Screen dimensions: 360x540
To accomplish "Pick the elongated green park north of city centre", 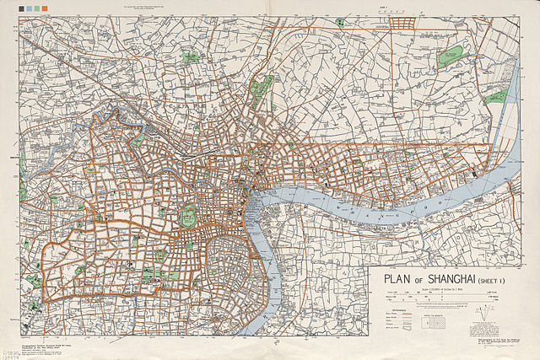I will [264, 88].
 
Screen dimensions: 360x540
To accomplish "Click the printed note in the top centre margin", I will [269, 8].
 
